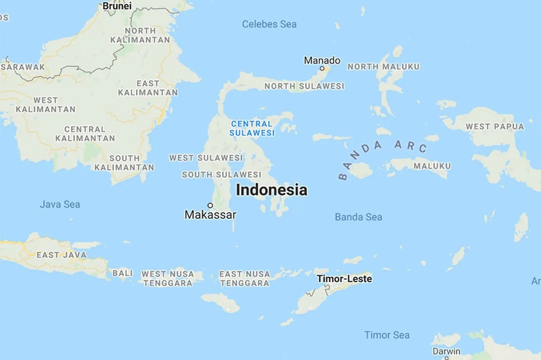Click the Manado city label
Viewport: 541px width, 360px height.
(322, 60)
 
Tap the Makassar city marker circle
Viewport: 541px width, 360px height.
(210, 205)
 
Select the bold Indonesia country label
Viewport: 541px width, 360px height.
(271, 190)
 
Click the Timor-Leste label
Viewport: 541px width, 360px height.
(344, 279)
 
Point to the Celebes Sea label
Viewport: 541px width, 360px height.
(269, 24)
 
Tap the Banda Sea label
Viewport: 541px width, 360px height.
(358, 217)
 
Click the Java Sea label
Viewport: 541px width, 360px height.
(60, 204)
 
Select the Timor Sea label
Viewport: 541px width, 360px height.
(387, 335)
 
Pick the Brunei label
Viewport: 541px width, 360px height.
(117, 6)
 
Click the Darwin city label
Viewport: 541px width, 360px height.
(446, 351)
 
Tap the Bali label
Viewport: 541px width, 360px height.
(123, 273)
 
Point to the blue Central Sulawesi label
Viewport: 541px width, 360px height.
(252, 128)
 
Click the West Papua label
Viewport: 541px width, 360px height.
(495, 127)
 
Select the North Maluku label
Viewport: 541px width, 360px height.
(383, 67)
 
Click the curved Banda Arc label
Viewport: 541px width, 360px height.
(381, 155)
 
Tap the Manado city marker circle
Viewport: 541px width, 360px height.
(322, 68)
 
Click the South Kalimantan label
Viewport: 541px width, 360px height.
(124, 163)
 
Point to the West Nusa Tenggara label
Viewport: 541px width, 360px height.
(167, 278)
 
